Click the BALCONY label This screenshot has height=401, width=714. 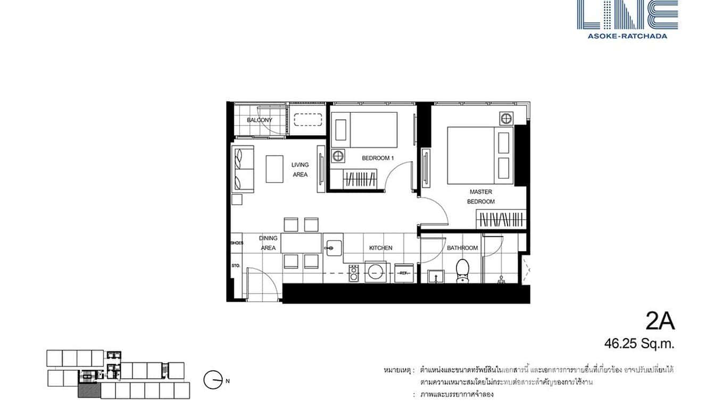tap(259, 120)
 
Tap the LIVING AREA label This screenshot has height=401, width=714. tap(300, 170)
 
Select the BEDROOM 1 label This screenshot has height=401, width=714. tap(378, 158)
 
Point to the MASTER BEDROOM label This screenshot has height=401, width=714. tap(481, 197)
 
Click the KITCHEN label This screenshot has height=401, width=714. tap(381, 248)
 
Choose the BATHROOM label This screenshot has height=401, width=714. tap(462, 248)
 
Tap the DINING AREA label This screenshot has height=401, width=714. tap(268, 243)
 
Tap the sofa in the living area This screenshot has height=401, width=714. tap(242, 170)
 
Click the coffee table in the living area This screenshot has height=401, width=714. tap(275, 169)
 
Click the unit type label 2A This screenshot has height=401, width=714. tap(660, 322)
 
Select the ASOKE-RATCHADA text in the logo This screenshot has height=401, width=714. tap(627, 36)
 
